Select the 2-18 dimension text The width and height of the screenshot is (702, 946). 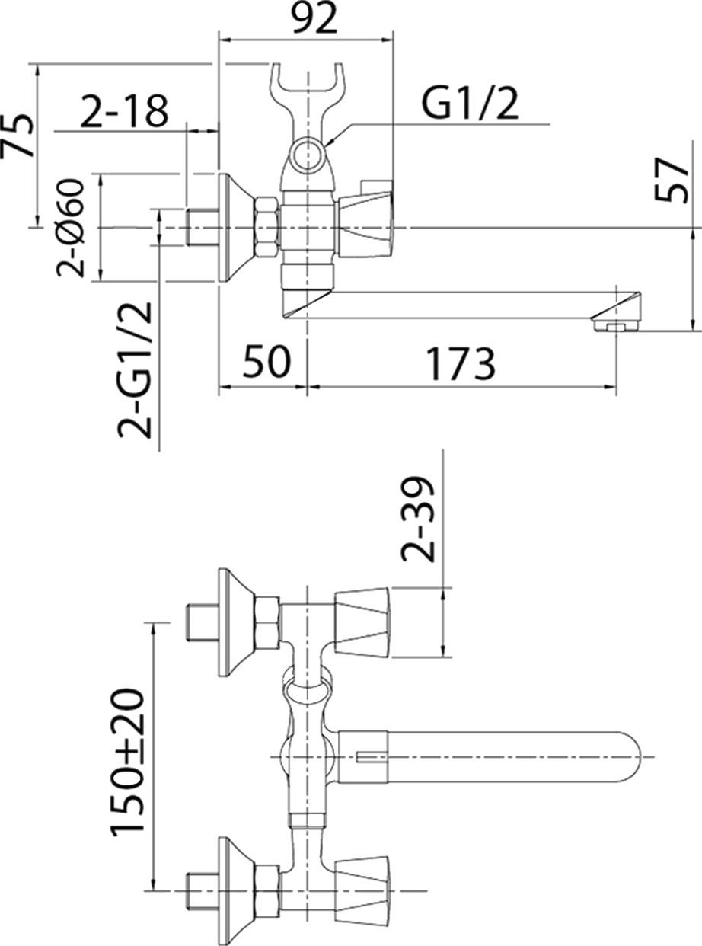click(x=123, y=111)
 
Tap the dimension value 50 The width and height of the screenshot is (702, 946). click(x=266, y=363)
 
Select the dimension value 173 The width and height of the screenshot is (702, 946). click(x=460, y=363)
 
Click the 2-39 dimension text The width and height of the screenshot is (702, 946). click(x=420, y=519)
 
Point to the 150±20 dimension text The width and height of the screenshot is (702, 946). click(x=129, y=762)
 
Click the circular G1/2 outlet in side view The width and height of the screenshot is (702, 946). click(x=309, y=155)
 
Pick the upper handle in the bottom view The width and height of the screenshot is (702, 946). click(x=362, y=622)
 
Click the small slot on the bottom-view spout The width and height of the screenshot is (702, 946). click(x=370, y=756)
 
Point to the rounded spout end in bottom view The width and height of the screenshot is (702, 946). click(x=640, y=756)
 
